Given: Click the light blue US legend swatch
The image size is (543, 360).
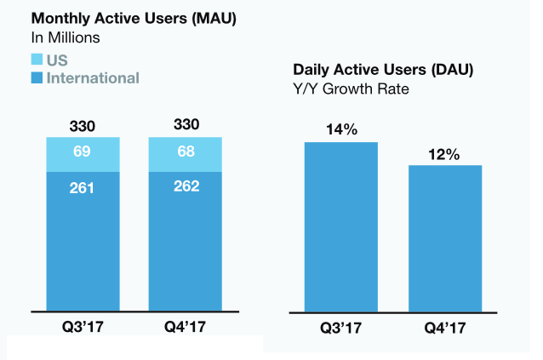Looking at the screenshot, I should pos(37,60).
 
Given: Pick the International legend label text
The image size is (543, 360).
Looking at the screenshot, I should pos(93,78).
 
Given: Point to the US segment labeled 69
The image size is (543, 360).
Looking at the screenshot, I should pos(83,154).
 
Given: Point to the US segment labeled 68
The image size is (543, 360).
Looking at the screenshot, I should pos(185,154).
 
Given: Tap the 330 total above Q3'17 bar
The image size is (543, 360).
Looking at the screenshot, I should pos(83,126).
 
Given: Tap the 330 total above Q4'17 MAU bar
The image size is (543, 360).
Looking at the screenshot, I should pos(185,125).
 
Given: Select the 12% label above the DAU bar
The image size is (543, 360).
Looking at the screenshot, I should pos(444,154).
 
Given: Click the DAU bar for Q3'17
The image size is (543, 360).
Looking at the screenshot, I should pos(340,226).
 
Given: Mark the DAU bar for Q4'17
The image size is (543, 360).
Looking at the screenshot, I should pos(445,237).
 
